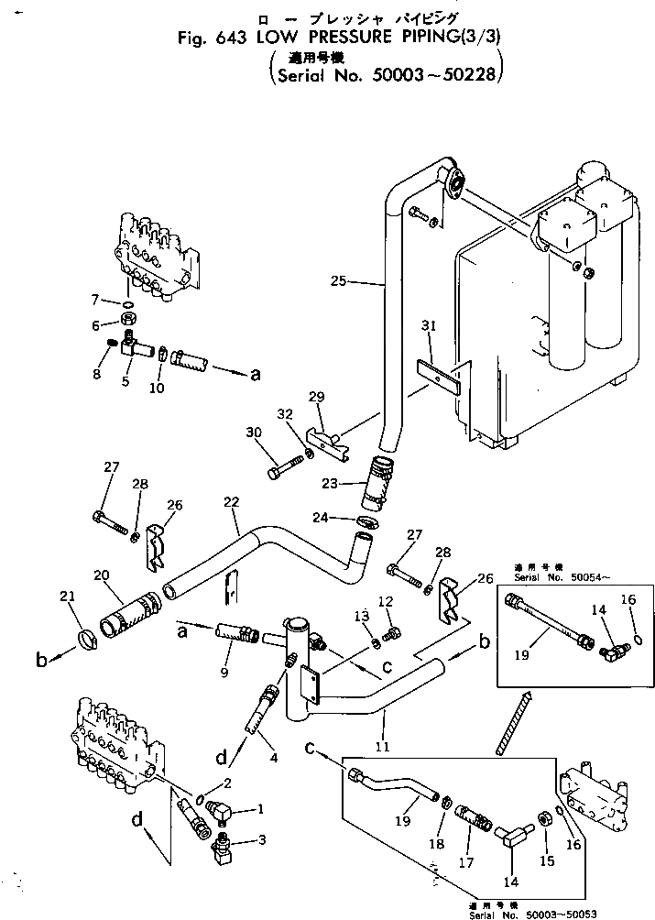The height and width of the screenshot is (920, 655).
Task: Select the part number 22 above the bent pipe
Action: pyautogui.click(x=232, y=503)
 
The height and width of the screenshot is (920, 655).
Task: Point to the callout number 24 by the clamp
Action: pyautogui.click(x=344, y=519)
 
